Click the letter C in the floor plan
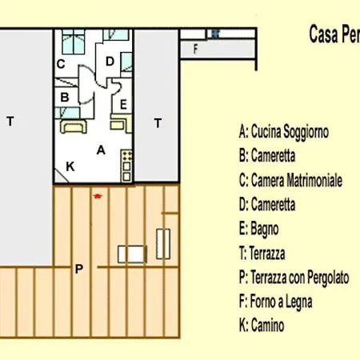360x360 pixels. point(60,63)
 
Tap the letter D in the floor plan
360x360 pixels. point(110,61)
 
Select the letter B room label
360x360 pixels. point(63,97)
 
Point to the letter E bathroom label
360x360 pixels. point(122,104)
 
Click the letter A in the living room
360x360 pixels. point(101,149)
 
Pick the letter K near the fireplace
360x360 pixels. point(70,166)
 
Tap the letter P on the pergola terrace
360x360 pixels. point(78,269)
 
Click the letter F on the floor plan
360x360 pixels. point(195,48)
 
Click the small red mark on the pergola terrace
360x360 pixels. point(98,194)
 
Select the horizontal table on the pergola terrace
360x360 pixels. point(132,254)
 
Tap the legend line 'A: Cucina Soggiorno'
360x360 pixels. point(284,131)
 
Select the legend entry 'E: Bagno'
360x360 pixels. point(258,229)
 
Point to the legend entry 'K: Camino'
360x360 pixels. point(262,326)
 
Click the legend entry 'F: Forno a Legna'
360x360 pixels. point(275,302)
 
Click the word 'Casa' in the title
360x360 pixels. point(323,35)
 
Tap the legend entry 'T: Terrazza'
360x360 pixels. point(262,253)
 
